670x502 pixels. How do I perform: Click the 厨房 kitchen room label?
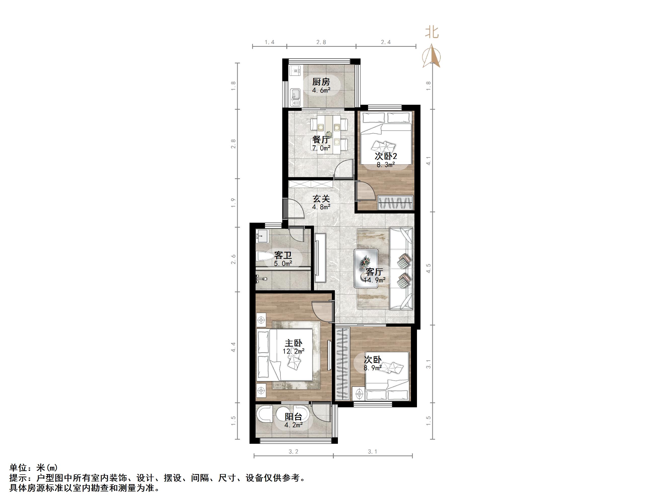(x=321, y=82)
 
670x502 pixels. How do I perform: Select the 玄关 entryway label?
(x=321, y=199)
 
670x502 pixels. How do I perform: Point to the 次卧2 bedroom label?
(x=385, y=156)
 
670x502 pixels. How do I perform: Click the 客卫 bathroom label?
(x=283, y=255)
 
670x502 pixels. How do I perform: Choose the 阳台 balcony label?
(x=293, y=417)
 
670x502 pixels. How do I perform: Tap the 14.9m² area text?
(x=374, y=280)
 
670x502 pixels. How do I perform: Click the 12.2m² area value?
(x=293, y=351)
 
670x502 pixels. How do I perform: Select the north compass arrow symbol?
(x=432, y=56)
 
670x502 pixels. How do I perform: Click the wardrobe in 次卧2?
(x=395, y=202)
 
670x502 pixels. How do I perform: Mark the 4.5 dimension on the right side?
(x=428, y=268)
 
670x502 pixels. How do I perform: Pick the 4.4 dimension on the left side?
(x=233, y=347)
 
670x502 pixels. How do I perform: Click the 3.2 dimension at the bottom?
(x=293, y=452)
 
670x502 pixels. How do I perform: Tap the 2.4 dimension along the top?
(x=385, y=42)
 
